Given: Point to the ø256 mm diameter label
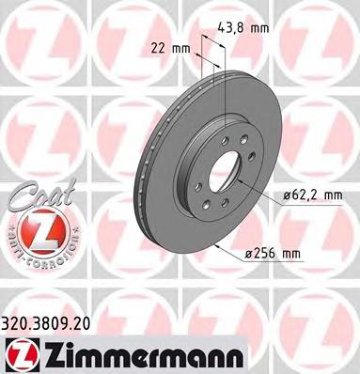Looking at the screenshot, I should pos(296,252).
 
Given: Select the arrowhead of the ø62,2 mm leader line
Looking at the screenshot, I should pos(235,181).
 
